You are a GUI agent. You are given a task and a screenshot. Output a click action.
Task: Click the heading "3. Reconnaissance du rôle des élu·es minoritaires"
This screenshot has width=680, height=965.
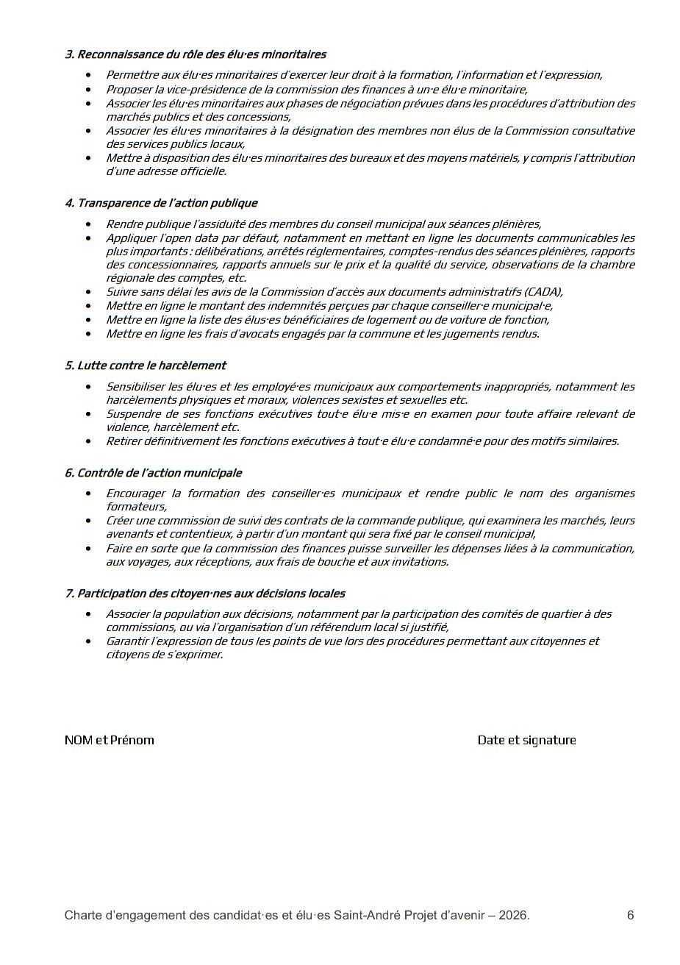[196, 54]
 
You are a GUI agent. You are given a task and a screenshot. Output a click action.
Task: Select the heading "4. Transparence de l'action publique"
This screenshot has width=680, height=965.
[161, 203]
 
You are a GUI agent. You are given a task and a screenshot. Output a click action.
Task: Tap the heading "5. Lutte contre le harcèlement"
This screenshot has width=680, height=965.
[146, 366]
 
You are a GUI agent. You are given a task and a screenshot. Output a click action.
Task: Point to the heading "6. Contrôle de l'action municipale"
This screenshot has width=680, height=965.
[153, 473]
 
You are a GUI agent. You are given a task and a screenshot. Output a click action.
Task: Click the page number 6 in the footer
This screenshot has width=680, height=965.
[630, 916]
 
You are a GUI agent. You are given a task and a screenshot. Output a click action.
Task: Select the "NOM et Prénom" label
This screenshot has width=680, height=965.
[110, 740]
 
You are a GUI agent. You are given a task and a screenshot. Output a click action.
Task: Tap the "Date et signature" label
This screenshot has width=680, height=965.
[526, 740]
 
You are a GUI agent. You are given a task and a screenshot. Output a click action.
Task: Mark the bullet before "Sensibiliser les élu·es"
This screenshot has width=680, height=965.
[89, 387]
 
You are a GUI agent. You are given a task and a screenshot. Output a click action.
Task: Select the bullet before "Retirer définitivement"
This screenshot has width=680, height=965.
[89, 441]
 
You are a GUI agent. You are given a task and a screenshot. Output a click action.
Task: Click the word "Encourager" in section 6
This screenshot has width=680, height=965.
[135, 494]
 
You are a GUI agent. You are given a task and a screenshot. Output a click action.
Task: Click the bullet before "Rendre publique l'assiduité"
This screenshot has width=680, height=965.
[89, 224]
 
